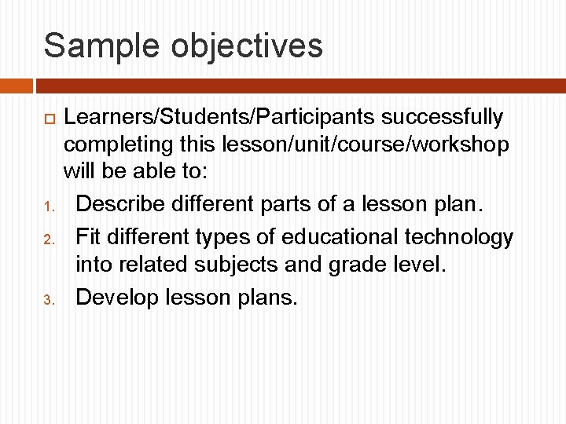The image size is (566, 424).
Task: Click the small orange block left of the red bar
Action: coord(16,85)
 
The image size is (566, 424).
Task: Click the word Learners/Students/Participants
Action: coord(219,118)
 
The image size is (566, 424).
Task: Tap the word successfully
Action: coord(443,118)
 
